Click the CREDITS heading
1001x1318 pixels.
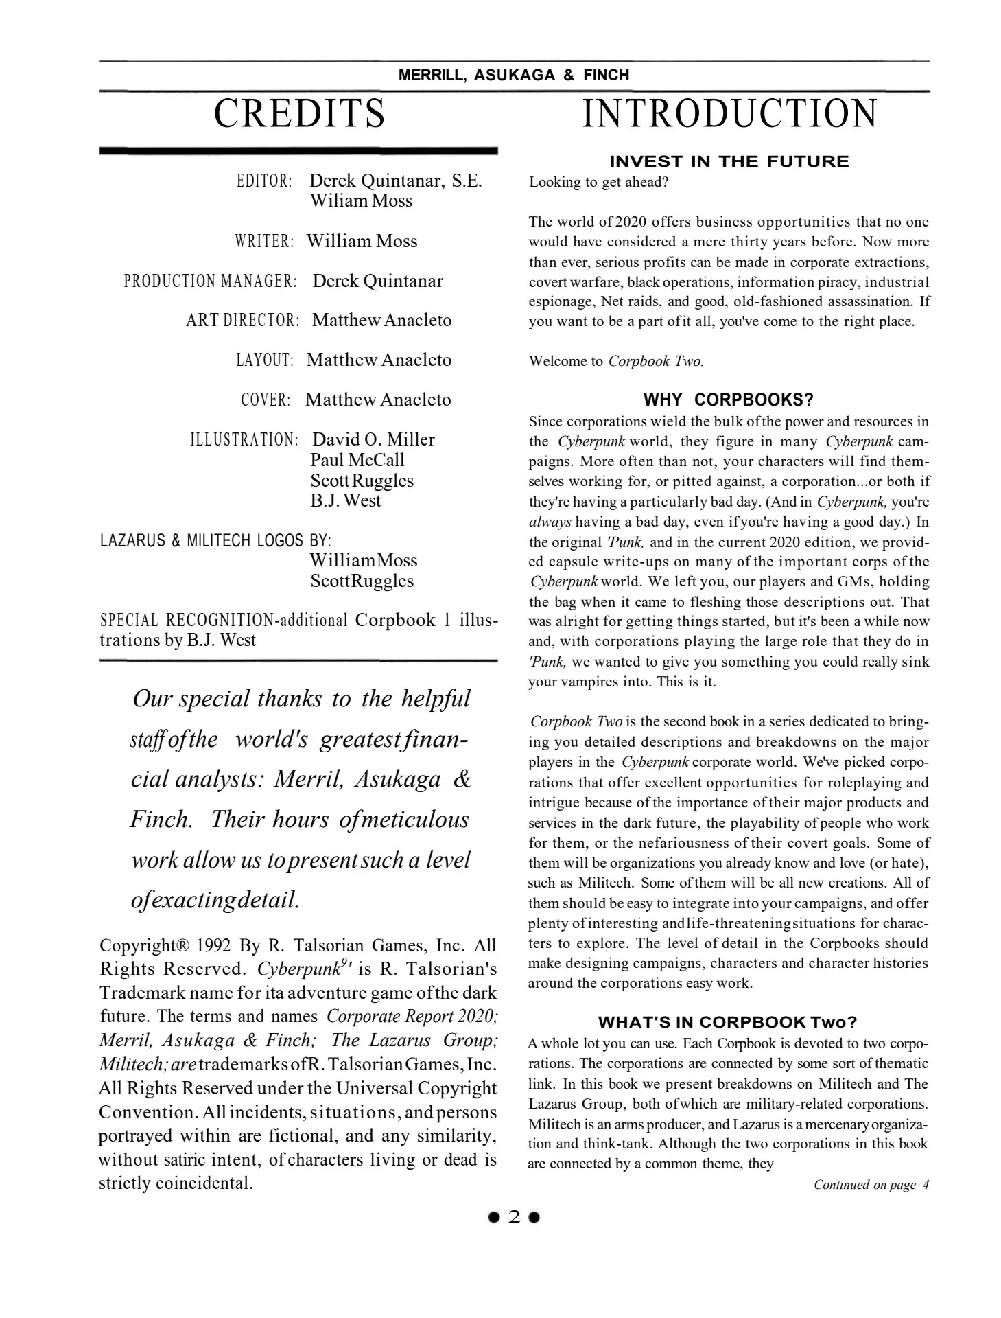coord(299,114)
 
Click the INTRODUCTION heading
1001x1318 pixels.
coord(729,114)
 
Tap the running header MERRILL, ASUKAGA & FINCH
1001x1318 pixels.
coord(514,76)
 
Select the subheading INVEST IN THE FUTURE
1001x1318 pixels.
coord(729,161)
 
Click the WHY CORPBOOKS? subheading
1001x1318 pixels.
coord(729,400)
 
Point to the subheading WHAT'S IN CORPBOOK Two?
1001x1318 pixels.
coord(728,1022)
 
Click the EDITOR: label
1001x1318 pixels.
coord(264,182)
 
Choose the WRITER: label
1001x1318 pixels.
coord(264,242)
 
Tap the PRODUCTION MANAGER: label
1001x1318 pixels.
coord(210,281)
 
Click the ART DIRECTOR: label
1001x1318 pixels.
coord(242,321)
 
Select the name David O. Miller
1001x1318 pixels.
coord(373,439)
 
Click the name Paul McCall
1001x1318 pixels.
coord(357,460)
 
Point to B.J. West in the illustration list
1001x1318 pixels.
coord(345,500)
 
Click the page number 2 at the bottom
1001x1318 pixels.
coord(514,1217)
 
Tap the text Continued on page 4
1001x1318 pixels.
coord(871,1185)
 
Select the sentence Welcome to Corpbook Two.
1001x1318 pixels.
coord(616,362)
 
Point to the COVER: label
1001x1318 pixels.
coord(266,400)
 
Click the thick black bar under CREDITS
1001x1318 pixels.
coord(298,150)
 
